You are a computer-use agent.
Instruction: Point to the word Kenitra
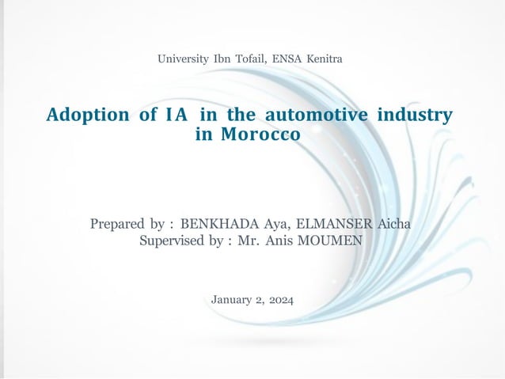(327, 59)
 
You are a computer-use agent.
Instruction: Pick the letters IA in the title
(177, 115)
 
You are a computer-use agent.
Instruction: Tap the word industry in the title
(416, 115)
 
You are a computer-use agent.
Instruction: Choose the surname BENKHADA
(218, 224)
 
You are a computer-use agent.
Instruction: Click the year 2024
(279, 299)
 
